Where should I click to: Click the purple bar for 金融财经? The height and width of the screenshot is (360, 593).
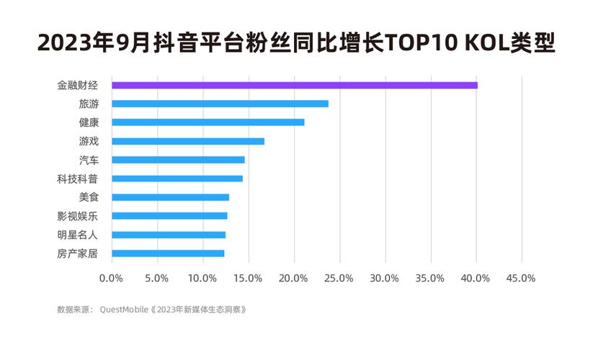click(x=294, y=85)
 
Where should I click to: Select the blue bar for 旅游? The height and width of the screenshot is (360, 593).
click(x=220, y=104)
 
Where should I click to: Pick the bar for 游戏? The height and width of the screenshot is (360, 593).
click(x=188, y=141)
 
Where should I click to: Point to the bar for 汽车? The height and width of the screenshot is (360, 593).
click(x=178, y=160)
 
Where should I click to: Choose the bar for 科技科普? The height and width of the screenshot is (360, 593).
click(x=177, y=179)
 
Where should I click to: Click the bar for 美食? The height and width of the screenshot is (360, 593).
click(x=170, y=197)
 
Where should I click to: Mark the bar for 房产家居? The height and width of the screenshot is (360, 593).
click(x=168, y=253)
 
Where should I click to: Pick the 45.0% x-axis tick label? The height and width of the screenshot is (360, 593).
click(x=521, y=278)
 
